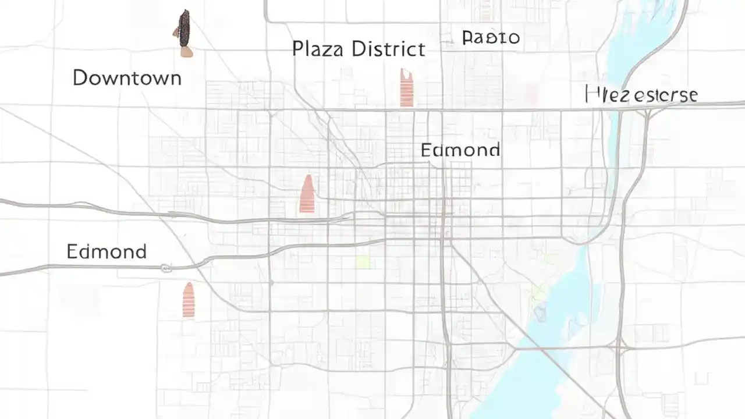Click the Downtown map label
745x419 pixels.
[x=127, y=78]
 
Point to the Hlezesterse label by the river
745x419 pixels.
[x=641, y=94]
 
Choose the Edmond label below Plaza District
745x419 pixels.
[x=460, y=150]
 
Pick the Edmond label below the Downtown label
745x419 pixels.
[x=107, y=251]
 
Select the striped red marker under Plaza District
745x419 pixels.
[x=406, y=88]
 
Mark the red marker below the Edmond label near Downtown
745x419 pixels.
[x=188, y=300]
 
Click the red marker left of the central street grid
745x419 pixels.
[x=307, y=194]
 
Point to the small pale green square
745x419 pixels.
[x=363, y=262]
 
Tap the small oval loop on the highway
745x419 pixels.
[x=166, y=268]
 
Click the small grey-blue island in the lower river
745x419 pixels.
[x=540, y=314]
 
